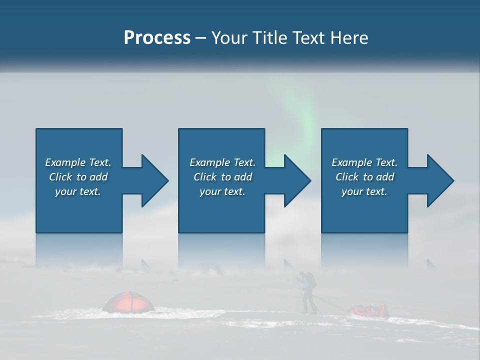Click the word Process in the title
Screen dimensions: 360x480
pyautogui.click(x=157, y=37)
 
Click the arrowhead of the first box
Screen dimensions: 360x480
pyautogui.click(x=152, y=180)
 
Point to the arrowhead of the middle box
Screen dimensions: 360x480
pyautogui.click(x=295, y=180)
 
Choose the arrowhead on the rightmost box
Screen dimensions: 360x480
pyautogui.click(x=438, y=180)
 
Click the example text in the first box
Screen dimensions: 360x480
pyautogui.click(x=78, y=176)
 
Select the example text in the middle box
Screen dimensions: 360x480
pyautogui.click(x=222, y=176)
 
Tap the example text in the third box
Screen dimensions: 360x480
pyautogui.click(x=364, y=176)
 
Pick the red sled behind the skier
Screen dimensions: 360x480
pyautogui.click(x=369, y=311)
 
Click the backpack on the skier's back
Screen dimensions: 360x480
pyautogui.click(x=311, y=280)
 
